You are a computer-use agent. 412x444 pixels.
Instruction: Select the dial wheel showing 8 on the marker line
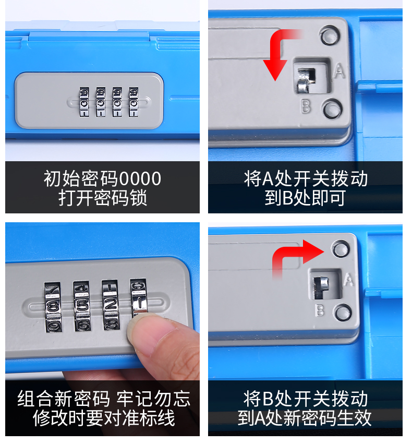(53, 307)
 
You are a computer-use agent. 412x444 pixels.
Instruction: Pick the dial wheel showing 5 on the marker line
(82, 306)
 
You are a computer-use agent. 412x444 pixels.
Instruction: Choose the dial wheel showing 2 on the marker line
(111, 305)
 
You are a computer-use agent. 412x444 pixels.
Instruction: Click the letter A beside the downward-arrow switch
(339, 71)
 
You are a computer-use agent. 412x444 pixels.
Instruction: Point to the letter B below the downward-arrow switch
(306, 106)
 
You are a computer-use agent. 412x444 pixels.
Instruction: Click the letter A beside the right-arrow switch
(348, 280)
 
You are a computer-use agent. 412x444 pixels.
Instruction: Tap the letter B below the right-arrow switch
(320, 310)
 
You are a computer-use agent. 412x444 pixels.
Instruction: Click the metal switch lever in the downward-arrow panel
(306, 80)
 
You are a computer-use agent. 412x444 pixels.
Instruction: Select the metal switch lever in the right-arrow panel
(321, 287)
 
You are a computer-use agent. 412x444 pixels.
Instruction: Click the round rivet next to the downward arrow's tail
(330, 35)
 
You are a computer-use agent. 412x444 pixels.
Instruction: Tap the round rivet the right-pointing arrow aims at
(341, 248)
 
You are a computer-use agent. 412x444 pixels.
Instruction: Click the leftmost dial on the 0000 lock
(84, 102)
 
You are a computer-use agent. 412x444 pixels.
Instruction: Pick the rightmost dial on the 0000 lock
(134, 102)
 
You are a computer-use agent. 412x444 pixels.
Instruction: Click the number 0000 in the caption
(140, 178)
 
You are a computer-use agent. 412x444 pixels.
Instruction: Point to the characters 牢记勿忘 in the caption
(153, 399)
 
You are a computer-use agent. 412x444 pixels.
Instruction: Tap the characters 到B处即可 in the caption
(305, 198)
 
